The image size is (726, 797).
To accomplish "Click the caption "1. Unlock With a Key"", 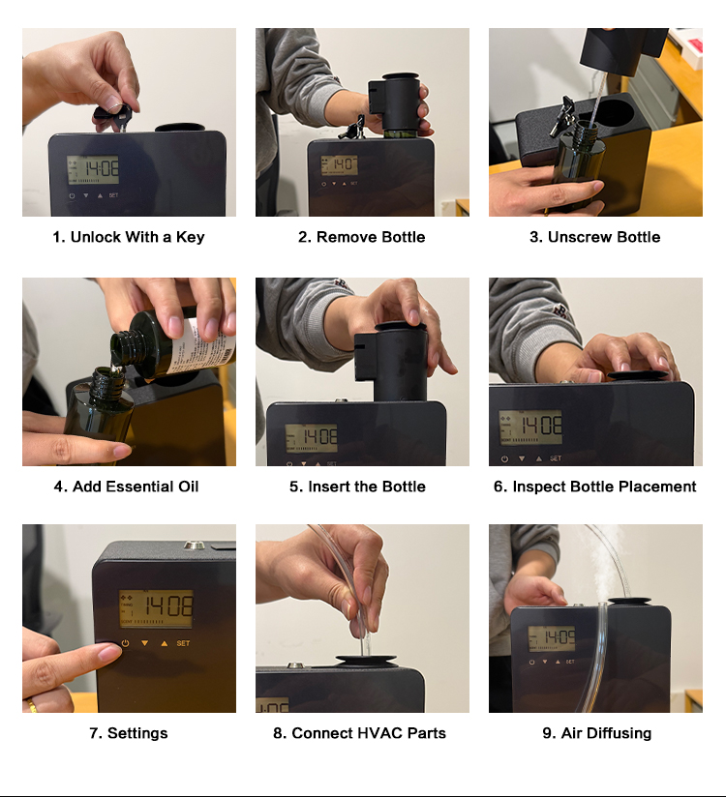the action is (x=128, y=237).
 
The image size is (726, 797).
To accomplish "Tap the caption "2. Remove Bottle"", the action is (x=362, y=237).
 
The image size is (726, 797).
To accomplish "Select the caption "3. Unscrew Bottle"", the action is (x=594, y=237).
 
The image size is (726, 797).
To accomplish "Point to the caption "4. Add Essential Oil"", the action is (x=126, y=487).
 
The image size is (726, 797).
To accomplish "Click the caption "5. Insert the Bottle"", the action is (x=357, y=487).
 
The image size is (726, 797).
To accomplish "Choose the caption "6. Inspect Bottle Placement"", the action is (x=594, y=487).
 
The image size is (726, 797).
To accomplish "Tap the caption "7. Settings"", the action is (x=128, y=733).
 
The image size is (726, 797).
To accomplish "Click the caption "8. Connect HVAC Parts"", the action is (x=359, y=733).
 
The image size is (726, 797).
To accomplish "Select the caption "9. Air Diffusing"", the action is (x=597, y=733).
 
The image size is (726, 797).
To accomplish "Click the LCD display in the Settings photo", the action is (x=156, y=609).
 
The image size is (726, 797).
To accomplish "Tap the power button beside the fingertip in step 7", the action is (x=125, y=643).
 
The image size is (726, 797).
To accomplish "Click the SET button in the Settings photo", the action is (x=183, y=643).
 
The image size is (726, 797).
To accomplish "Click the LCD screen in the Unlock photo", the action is (x=93, y=170).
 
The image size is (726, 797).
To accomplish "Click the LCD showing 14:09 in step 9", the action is (x=552, y=639).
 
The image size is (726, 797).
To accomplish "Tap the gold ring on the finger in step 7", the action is (x=32, y=705).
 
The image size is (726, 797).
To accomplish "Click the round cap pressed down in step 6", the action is (x=637, y=375).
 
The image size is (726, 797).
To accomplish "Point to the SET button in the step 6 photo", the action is (x=556, y=458).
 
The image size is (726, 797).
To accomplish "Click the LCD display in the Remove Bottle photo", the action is (x=340, y=165).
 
